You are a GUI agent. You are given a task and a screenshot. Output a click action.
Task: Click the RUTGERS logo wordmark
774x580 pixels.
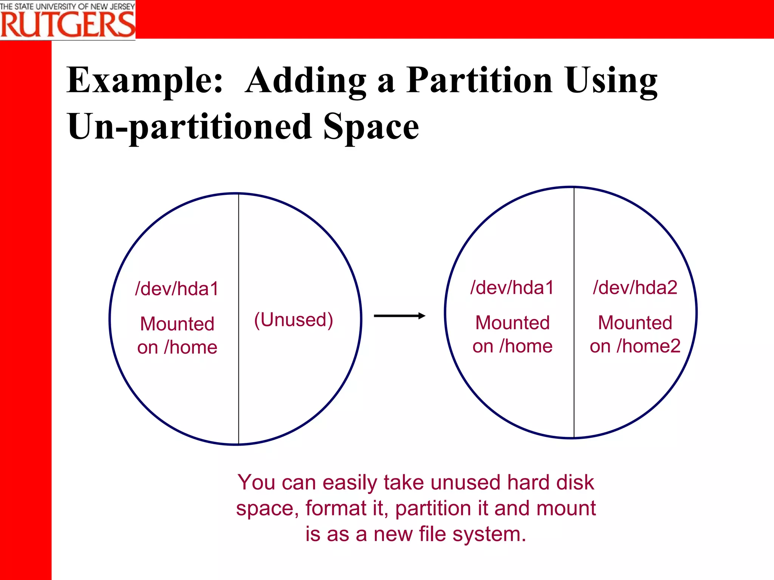click(68, 24)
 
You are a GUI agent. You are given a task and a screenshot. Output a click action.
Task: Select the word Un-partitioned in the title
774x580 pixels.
click(189, 127)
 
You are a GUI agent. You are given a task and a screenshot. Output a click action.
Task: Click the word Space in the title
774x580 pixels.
click(371, 127)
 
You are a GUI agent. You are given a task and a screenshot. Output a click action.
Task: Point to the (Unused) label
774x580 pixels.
click(294, 320)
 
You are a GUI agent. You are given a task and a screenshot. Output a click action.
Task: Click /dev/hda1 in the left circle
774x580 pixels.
click(177, 289)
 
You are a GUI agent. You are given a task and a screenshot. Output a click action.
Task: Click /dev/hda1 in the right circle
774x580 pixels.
click(512, 288)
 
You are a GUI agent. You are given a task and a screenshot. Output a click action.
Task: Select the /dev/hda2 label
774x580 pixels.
click(635, 288)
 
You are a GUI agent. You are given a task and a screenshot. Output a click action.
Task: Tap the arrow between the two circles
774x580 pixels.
click(399, 316)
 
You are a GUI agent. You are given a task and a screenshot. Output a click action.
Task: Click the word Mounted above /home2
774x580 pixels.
click(635, 323)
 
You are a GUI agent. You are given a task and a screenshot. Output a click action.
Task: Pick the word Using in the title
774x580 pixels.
click(611, 80)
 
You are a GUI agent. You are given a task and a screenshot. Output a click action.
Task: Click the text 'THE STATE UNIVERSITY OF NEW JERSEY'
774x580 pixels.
click(67, 6)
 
